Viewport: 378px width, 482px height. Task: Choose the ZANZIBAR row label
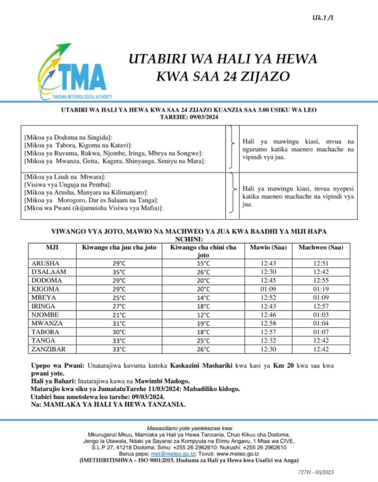tap(49, 349)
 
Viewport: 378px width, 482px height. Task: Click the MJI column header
tap(52, 248)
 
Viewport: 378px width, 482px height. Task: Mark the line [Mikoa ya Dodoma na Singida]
tap(67, 137)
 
